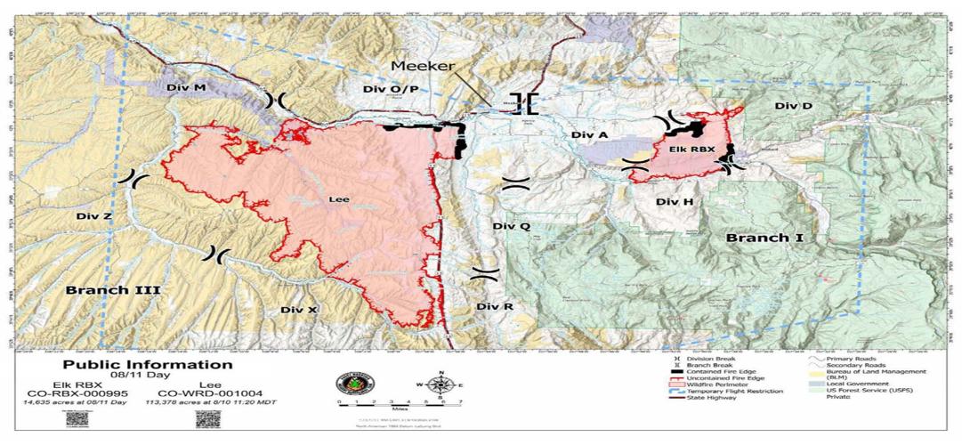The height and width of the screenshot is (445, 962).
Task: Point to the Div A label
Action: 589,134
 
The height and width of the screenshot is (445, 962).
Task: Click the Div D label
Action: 793,106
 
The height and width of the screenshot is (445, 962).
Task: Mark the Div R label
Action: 495,306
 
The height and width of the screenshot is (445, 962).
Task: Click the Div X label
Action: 298,309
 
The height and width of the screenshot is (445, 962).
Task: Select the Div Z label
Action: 93,216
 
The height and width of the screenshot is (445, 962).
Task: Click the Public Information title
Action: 147,365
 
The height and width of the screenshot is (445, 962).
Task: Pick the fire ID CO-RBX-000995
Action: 80,393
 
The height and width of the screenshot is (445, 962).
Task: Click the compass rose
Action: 439,385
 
